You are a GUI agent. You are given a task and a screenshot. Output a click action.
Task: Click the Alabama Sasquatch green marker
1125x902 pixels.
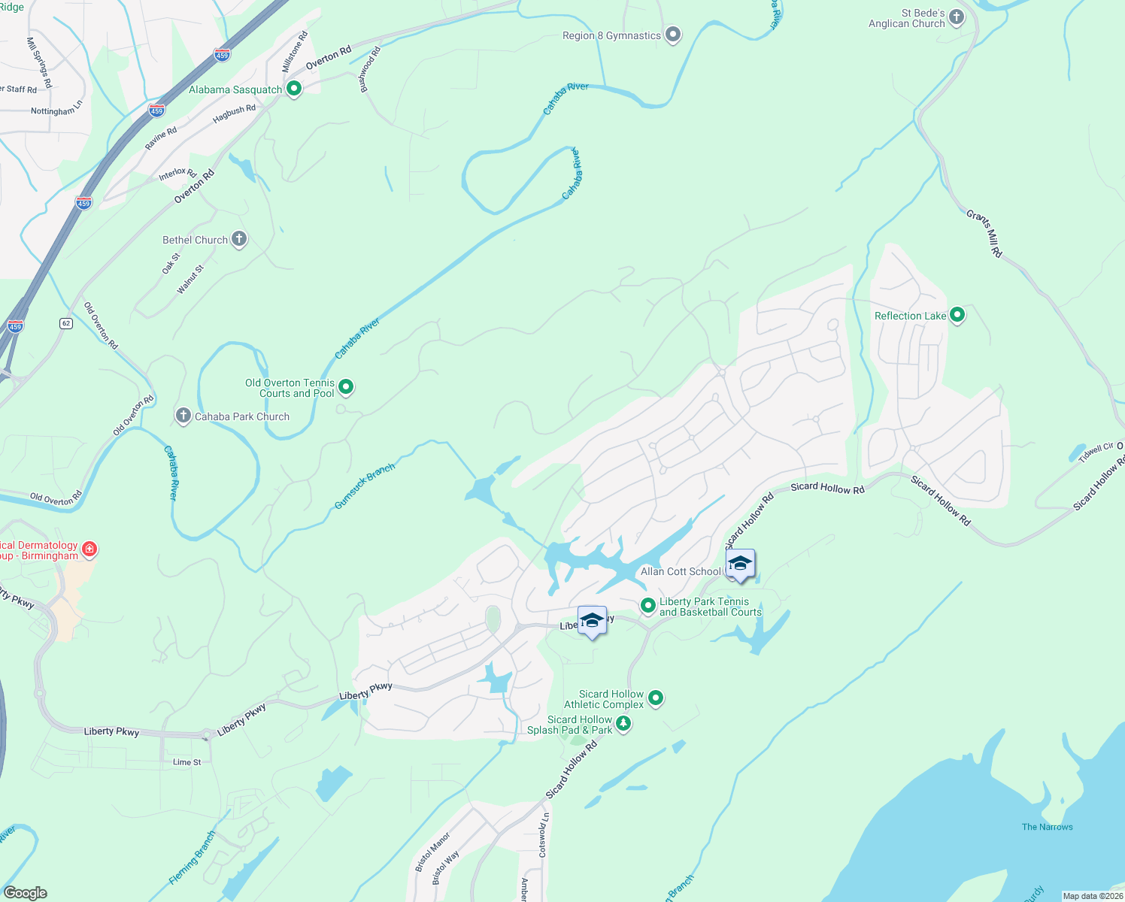(x=294, y=89)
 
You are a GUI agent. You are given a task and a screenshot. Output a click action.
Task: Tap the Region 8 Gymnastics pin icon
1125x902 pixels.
(x=673, y=35)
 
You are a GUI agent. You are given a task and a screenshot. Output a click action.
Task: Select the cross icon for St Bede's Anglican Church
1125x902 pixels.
(x=956, y=17)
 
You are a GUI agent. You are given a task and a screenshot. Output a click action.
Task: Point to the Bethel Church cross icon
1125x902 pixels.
(x=239, y=239)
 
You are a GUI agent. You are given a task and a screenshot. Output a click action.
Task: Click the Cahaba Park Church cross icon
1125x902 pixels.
(x=183, y=416)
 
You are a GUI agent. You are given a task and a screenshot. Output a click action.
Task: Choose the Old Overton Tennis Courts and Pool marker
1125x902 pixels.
(x=346, y=387)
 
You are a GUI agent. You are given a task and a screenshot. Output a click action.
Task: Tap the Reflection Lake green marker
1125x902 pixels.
(x=957, y=315)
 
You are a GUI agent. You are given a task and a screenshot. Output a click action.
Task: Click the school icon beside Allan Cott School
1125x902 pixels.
(x=740, y=564)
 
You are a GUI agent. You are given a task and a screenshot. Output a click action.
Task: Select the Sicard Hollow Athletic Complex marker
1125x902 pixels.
(x=656, y=698)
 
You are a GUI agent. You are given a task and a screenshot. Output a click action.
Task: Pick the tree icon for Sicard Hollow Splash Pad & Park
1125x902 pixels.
(x=623, y=724)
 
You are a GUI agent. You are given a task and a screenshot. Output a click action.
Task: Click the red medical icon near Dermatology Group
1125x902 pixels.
(x=89, y=549)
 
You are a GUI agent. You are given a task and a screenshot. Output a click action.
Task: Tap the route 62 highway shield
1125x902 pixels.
(x=66, y=323)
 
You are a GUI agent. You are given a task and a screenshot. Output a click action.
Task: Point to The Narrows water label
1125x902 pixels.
(x=1047, y=827)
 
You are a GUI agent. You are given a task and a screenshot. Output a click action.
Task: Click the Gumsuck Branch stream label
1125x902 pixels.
(x=365, y=486)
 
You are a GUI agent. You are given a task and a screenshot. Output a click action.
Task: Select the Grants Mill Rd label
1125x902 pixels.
(x=984, y=234)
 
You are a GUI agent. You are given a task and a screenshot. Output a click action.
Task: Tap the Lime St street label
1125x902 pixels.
(x=187, y=762)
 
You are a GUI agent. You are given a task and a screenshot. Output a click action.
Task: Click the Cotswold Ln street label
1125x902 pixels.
(x=543, y=834)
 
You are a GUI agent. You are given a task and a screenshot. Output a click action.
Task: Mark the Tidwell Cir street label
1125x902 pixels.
(x=1096, y=453)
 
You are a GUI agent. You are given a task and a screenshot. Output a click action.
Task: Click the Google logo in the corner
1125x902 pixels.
(x=25, y=893)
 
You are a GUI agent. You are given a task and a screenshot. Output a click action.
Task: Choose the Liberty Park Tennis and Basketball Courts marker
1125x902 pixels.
(x=647, y=606)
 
